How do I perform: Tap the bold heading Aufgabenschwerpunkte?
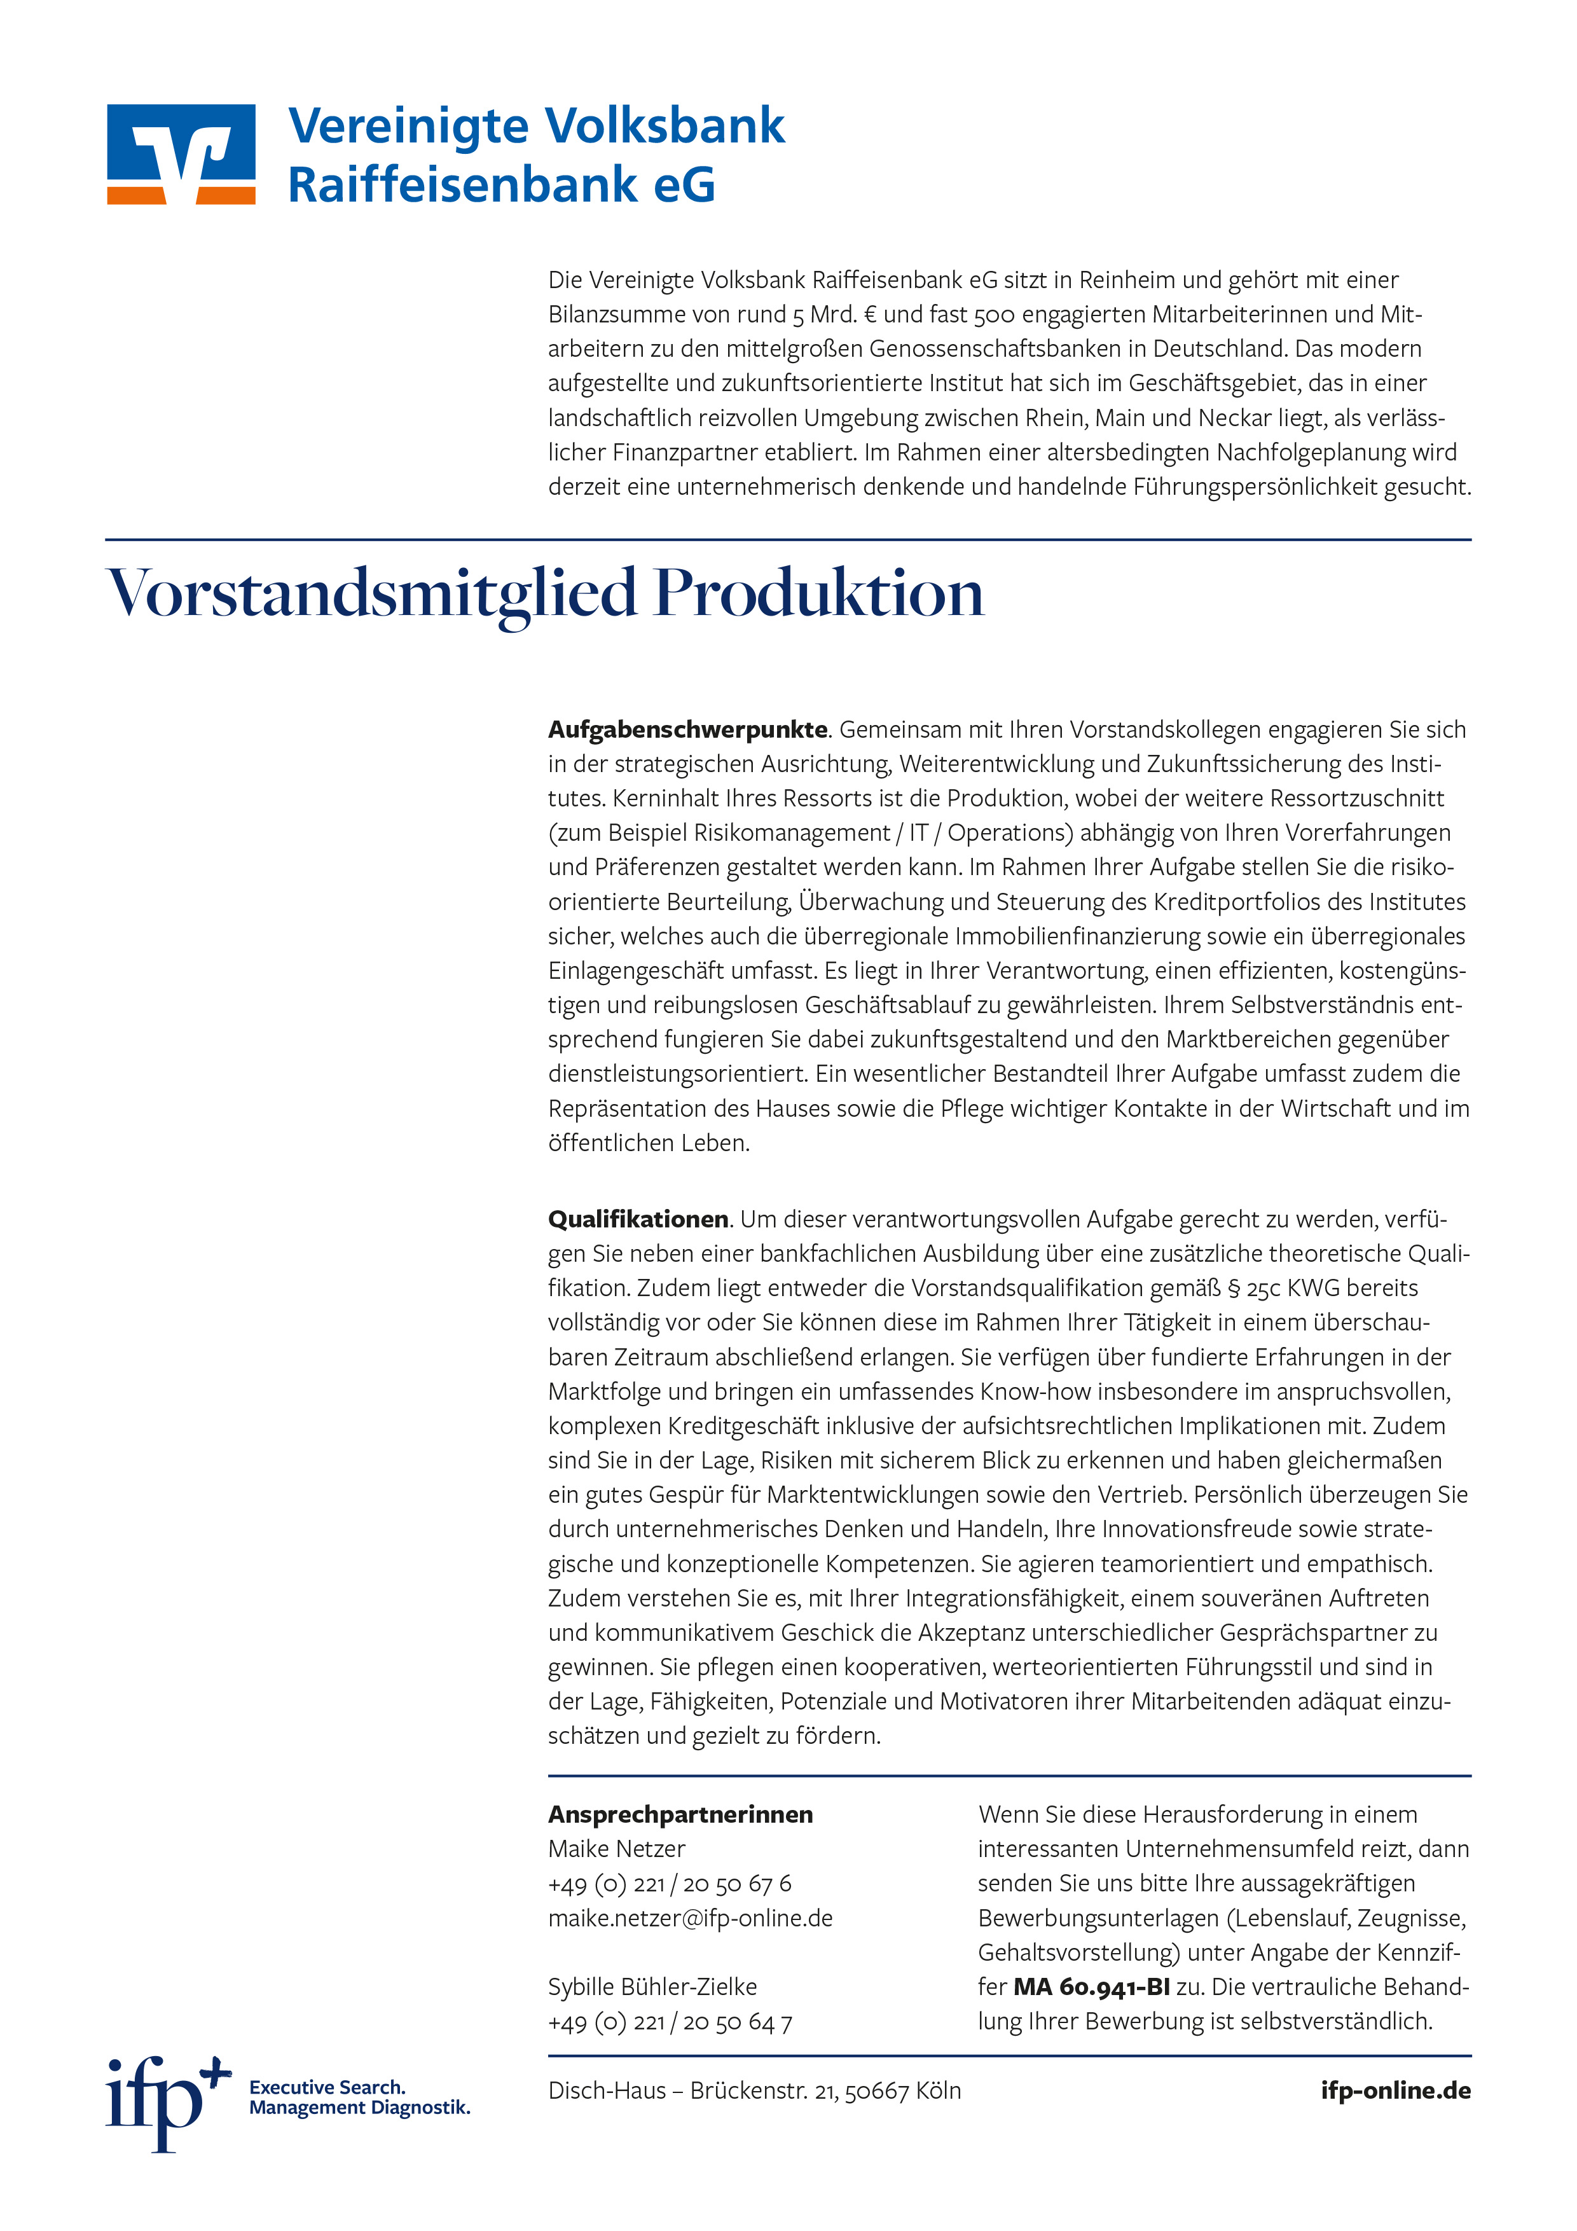point(687,729)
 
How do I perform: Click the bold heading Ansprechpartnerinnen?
point(680,1815)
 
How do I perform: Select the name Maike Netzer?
point(616,1849)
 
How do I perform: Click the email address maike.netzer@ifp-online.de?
point(690,1918)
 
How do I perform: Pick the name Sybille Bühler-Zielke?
point(652,1987)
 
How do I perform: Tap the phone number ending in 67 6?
point(670,1884)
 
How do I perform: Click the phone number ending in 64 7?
point(670,2022)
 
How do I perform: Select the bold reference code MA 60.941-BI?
point(1091,1987)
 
